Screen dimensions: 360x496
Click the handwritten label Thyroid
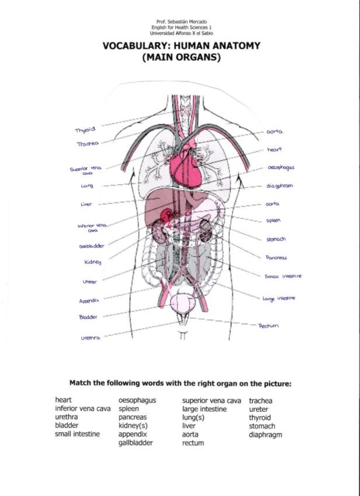coord(85,129)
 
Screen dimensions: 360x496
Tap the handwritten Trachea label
coord(88,143)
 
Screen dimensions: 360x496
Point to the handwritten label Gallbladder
coord(92,246)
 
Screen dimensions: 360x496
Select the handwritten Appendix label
coord(89,301)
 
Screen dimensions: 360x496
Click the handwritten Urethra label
coord(91,337)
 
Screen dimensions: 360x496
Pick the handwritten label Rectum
coord(269,326)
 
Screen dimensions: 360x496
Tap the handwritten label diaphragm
coord(279,186)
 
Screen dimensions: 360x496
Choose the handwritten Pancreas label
coord(276,257)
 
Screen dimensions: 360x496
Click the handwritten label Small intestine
coord(283,276)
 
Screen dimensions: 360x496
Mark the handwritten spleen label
coord(274,221)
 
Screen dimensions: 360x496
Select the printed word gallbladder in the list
coord(136,443)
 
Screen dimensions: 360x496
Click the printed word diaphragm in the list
coord(265,435)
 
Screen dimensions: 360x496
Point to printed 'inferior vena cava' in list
coord(82,409)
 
